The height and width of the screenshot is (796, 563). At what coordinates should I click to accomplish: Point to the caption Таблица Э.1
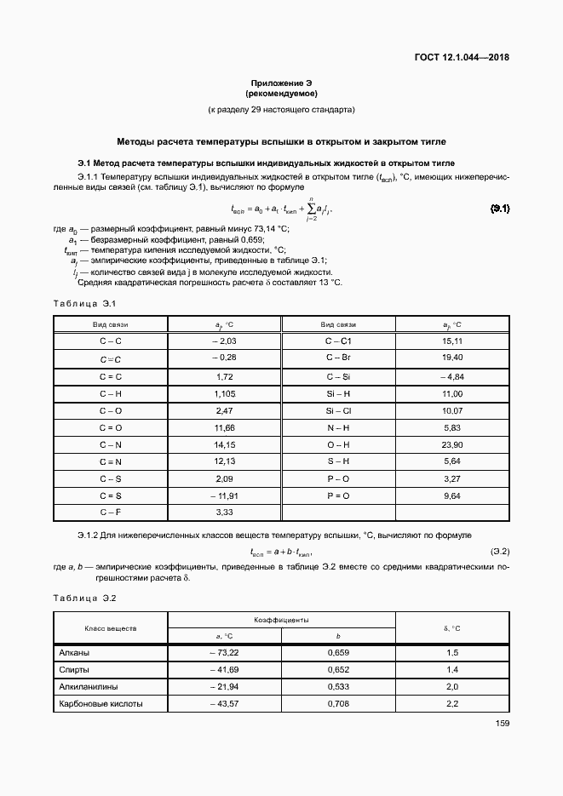[83, 304]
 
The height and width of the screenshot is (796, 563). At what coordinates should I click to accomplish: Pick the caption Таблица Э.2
[83, 598]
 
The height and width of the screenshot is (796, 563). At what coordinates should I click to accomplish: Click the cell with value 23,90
[452, 444]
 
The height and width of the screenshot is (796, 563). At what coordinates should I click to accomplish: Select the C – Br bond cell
[338, 358]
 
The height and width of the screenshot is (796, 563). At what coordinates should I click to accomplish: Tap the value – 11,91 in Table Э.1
[224, 495]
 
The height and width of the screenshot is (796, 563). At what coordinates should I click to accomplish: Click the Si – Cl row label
[338, 409]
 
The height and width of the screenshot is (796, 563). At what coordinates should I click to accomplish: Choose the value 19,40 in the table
[452, 358]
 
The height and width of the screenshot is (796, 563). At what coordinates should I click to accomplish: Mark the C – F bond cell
[111, 512]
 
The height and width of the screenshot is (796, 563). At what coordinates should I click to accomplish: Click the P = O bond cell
[338, 495]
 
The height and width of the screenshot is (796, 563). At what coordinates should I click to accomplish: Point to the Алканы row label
[74, 653]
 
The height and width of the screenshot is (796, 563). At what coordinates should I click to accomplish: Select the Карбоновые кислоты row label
[100, 704]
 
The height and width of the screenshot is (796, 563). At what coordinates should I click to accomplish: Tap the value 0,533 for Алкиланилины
[338, 687]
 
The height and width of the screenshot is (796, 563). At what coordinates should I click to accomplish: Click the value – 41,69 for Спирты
[224, 670]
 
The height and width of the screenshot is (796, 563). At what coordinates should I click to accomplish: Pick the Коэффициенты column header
[281, 621]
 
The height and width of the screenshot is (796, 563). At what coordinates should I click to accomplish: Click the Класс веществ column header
[111, 628]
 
